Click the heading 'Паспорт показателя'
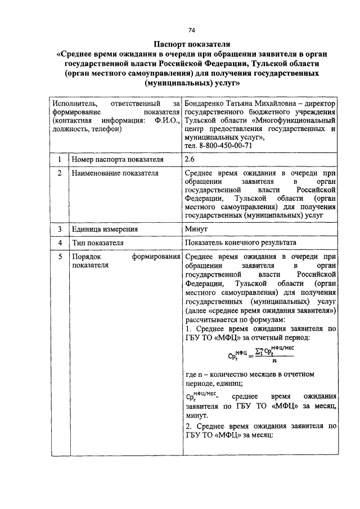pos(192,43)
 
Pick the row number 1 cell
pos(58,160)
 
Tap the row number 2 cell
pos(58,174)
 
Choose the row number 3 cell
pos(58,229)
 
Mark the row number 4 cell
pos(58,243)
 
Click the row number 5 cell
pos(58,256)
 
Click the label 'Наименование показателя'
pos(114,174)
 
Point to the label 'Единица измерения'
pos(105,229)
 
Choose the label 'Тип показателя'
pos(97,243)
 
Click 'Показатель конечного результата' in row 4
pos(240,243)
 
